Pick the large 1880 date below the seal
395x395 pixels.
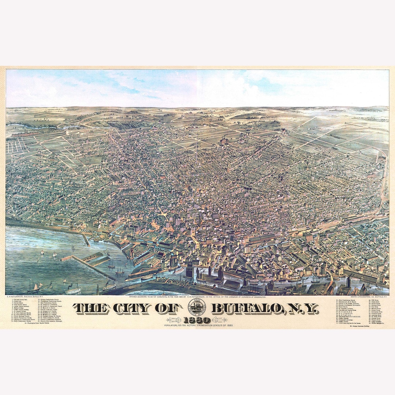pos(197,320)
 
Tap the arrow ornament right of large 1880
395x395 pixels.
pos(219,320)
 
